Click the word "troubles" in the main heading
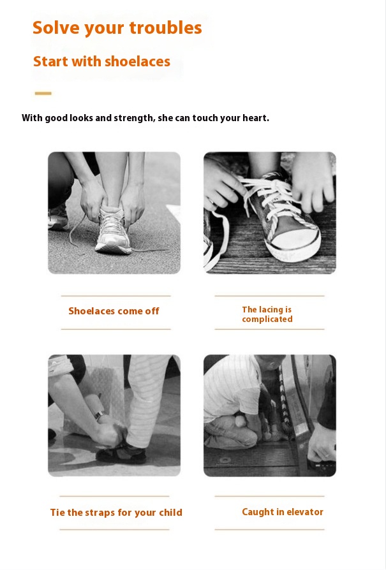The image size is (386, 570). pos(165,28)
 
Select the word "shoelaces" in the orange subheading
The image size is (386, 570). pos(138,61)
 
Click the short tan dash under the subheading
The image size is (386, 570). pos(43,94)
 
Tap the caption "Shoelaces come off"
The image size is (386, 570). pos(114,311)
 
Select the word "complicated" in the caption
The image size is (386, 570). pos(267,319)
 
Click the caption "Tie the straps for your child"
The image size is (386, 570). pos(116,513)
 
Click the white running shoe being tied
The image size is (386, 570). pos(112,230)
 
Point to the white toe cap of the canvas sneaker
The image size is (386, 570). pos(295,244)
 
